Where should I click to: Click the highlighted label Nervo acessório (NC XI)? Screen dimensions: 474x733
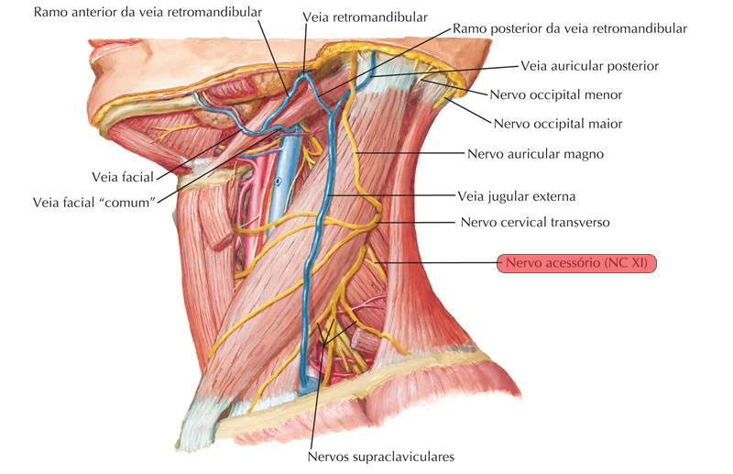click(576, 263)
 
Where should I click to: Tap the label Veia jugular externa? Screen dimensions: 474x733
click(516, 196)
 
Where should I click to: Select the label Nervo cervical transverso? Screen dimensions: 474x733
click(534, 222)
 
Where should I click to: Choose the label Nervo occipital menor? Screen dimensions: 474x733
click(556, 94)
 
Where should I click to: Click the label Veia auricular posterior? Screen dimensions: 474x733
click(589, 66)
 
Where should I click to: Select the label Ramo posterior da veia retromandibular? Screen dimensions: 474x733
click(569, 28)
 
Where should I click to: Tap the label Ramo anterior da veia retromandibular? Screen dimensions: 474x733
click(148, 12)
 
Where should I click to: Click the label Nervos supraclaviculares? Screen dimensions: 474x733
click(380, 456)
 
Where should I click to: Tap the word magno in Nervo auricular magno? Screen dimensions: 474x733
click(584, 154)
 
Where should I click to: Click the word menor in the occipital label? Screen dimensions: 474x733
click(603, 94)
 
